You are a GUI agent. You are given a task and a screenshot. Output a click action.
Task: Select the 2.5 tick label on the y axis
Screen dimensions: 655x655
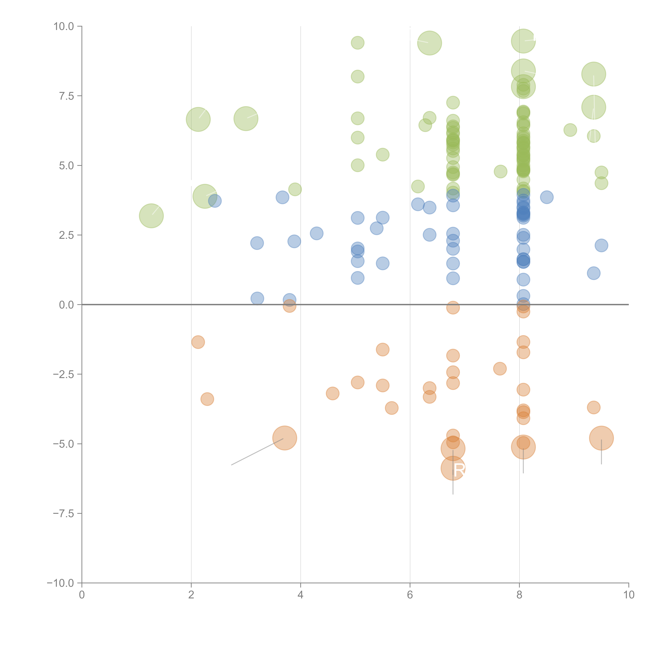coord(66,235)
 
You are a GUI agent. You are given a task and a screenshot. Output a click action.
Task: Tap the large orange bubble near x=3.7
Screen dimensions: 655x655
coord(285,438)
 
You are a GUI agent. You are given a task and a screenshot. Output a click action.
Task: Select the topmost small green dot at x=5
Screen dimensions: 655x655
coord(357,43)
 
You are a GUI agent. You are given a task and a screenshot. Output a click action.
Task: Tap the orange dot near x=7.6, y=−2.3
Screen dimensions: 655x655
coord(500,369)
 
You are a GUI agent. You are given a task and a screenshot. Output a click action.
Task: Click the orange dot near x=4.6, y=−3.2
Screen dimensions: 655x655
coord(333,393)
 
